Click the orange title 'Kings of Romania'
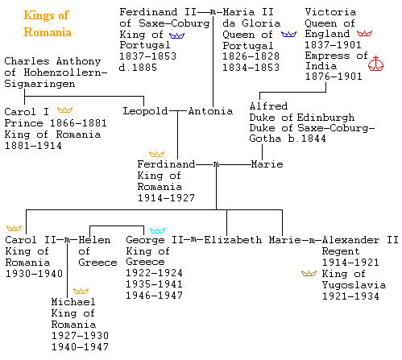[48, 23]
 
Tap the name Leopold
[145, 111]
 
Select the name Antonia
[210, 111]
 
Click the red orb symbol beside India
[375, 64]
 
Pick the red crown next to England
[364, 33]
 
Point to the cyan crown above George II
[157, 230]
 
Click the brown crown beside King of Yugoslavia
[309, 273]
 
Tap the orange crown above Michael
[81, 291]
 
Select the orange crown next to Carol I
[64, 110]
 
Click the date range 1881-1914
[33, 146]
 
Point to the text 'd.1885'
[138, 68]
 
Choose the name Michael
[73, 302]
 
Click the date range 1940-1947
[80, 346]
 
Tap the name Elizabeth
[233, 240]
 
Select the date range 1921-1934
[350, 296]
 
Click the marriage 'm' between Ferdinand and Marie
[216, 164]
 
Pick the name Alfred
[268, 106]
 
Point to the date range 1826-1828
[251, 56]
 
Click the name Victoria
[330, 12]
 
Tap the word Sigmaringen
[39, 84]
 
